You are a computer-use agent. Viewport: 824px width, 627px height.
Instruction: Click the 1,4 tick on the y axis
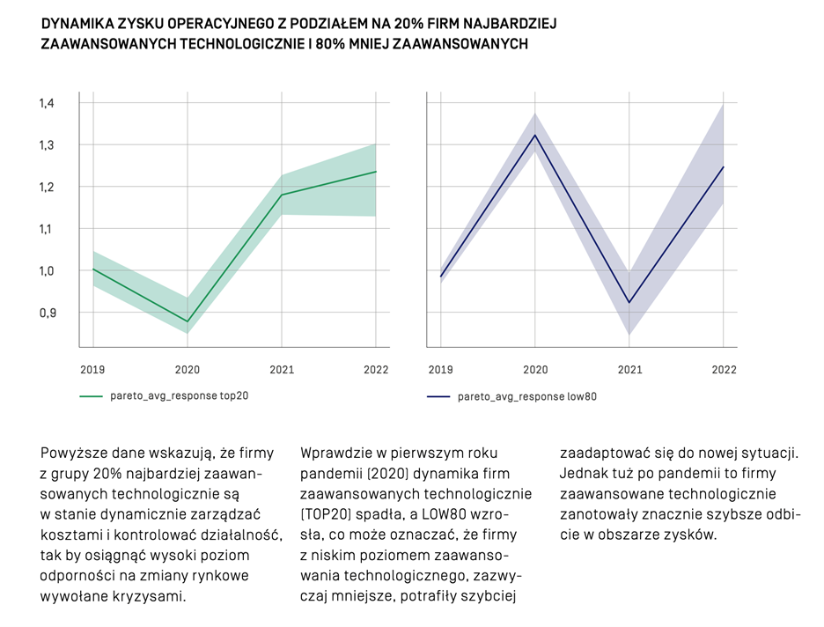click(x=46, y=103)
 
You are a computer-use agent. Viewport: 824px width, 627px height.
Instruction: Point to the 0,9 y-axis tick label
click(x=46, y=313)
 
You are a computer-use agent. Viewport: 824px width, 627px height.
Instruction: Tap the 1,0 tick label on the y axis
click(x=46, y=270)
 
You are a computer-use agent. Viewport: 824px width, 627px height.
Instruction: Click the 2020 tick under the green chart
click(x=187, y=370)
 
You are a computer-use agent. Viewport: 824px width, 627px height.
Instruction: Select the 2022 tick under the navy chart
click(x=724, y=370)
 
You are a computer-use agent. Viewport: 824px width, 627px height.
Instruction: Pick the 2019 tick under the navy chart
click(x=440, y=370)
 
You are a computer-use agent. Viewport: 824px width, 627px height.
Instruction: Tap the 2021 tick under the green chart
click(x=282, y=370)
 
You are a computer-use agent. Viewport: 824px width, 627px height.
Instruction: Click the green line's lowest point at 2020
click(x=187, y=321)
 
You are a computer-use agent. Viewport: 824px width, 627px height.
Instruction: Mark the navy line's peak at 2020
click(x=534, y=135)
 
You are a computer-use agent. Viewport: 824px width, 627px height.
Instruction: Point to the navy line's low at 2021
click(x=629, y=303)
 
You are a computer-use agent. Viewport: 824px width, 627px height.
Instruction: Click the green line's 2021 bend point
click(x=282, y=195)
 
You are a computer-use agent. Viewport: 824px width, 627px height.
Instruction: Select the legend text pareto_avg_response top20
click(x=179, y=396)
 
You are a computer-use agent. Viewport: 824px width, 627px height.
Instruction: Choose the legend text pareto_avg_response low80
click(x=527, y=397)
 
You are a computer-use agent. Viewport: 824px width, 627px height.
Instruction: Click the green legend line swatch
click(x=91, y=396)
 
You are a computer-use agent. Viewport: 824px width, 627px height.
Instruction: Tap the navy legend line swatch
click(x=438, y=397)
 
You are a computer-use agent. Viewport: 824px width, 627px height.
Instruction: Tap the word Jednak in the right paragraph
click(x=584, y=475)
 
